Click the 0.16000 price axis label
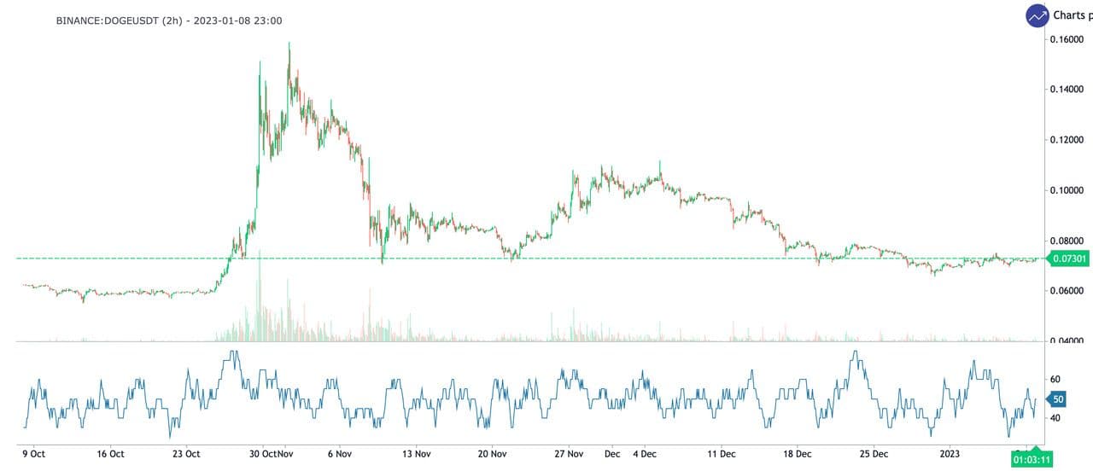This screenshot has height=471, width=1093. pos(1067,39)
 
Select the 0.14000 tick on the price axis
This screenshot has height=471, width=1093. pos(1067,90)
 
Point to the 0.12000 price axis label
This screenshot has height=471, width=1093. pos(1067,140)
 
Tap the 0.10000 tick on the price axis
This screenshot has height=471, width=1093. pos(1067,190)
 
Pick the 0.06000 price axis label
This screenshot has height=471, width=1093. pos(1067,291)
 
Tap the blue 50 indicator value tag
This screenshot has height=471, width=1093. pos(1058,399)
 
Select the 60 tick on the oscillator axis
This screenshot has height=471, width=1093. pos(1055,380)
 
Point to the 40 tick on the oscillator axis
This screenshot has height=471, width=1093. pos(1055,418)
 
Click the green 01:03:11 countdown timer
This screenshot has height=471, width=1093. pos(1032,459)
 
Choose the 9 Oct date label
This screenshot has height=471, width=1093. pos(34,454)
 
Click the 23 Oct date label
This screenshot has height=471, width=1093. pos(186,454)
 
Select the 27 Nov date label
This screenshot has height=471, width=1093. pos(569,454)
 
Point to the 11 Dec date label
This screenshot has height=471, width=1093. pos(722,454)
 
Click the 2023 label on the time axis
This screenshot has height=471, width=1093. pos(949,454)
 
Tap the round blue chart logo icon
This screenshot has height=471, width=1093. pos(1037,15)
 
